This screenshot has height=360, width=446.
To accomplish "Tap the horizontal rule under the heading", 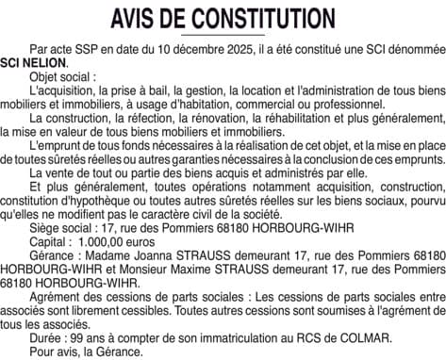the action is pyautogui.click(x=223, y=34).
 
